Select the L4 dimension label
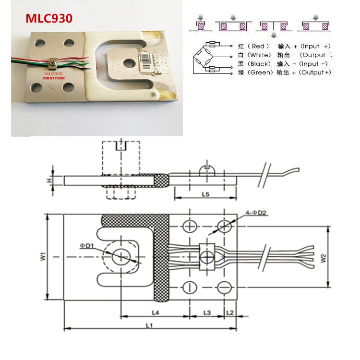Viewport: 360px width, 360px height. coord(156,312)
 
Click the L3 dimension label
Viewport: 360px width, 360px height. coord(207,312)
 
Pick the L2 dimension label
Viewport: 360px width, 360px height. coord(230,312)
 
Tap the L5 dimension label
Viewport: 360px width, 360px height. coord(205,194)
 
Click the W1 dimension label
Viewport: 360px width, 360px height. coord(42,257)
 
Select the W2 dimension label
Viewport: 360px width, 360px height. coord(324,257)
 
